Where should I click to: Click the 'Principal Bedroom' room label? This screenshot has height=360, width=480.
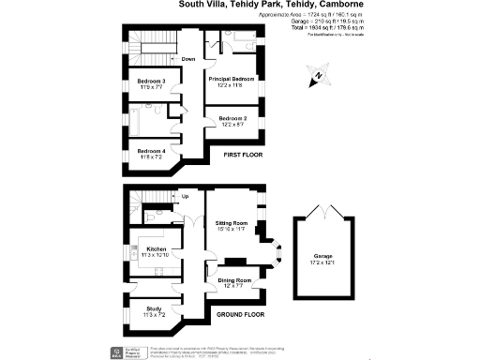232,79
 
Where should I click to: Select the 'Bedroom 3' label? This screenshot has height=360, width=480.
151,82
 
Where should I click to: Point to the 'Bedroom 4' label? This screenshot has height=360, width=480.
151,151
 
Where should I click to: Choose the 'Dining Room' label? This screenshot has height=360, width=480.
234,280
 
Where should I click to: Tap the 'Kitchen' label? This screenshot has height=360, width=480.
156,249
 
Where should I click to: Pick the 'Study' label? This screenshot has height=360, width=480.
154,308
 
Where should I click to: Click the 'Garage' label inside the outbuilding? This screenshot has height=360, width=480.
323,256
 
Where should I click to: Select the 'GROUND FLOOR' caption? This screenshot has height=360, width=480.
241,314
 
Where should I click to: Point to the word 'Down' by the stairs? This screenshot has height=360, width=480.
187,59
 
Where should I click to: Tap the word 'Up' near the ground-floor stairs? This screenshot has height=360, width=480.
185,197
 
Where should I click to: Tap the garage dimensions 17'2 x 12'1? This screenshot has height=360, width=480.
323,264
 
